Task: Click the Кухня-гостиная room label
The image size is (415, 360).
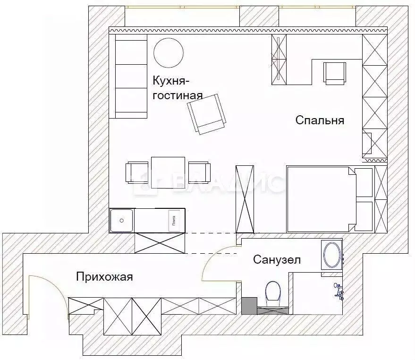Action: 177,88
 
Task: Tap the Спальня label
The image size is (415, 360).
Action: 320,120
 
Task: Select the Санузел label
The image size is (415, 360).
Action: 276,259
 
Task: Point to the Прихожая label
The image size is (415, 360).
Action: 104,277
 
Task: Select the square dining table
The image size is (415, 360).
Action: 168,172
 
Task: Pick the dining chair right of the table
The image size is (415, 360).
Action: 198,172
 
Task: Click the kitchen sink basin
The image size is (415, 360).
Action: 122,220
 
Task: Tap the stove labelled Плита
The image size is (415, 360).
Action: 173,220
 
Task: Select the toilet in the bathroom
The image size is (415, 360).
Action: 273,291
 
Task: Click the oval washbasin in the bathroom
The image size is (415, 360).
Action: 332,255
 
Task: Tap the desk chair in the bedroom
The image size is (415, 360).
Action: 335,73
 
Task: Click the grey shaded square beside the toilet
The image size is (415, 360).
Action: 249,306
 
